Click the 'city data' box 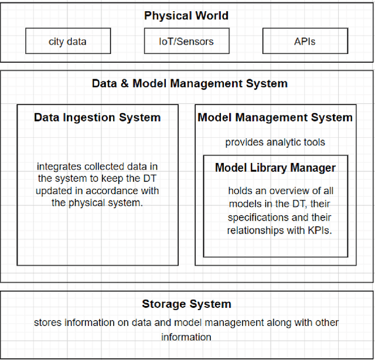68,42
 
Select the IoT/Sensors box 187,42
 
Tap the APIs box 305,42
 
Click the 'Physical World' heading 187,15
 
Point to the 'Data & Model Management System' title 189,83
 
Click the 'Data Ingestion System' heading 97,117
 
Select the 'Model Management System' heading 275,117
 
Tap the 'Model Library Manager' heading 275,168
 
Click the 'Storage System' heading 186,304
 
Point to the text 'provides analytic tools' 275,142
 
